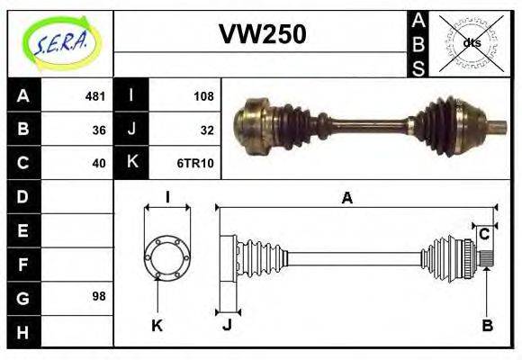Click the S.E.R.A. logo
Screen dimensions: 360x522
click(x=60, y=41)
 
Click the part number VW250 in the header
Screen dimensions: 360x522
click(x=263, y=34)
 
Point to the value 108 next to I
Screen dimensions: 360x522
click(x=203, y=95)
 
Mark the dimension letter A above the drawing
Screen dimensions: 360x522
click(x=346, y=199)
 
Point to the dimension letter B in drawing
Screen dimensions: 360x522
click(x=487, y=326)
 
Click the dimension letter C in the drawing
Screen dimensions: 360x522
click(x=484, y=234)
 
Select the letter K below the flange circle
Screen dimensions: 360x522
click(x=157, y=326)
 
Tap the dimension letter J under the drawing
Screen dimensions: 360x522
click(x=227, y=326)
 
